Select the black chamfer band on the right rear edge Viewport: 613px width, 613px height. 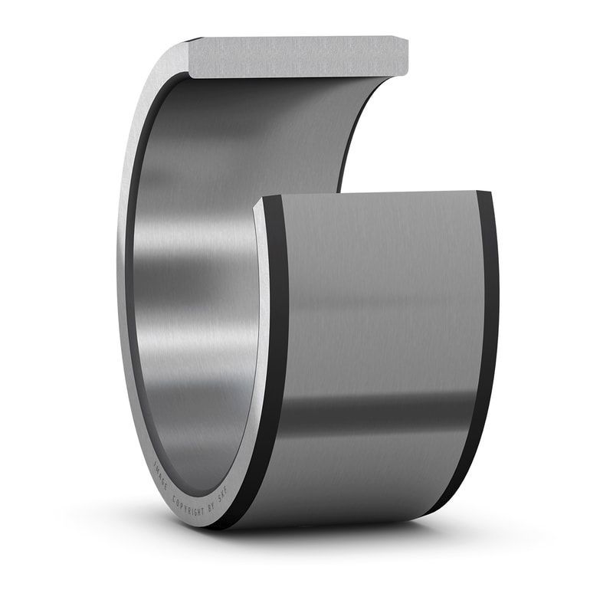[484, 345]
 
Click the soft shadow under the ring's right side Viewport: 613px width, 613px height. [460, 529]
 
